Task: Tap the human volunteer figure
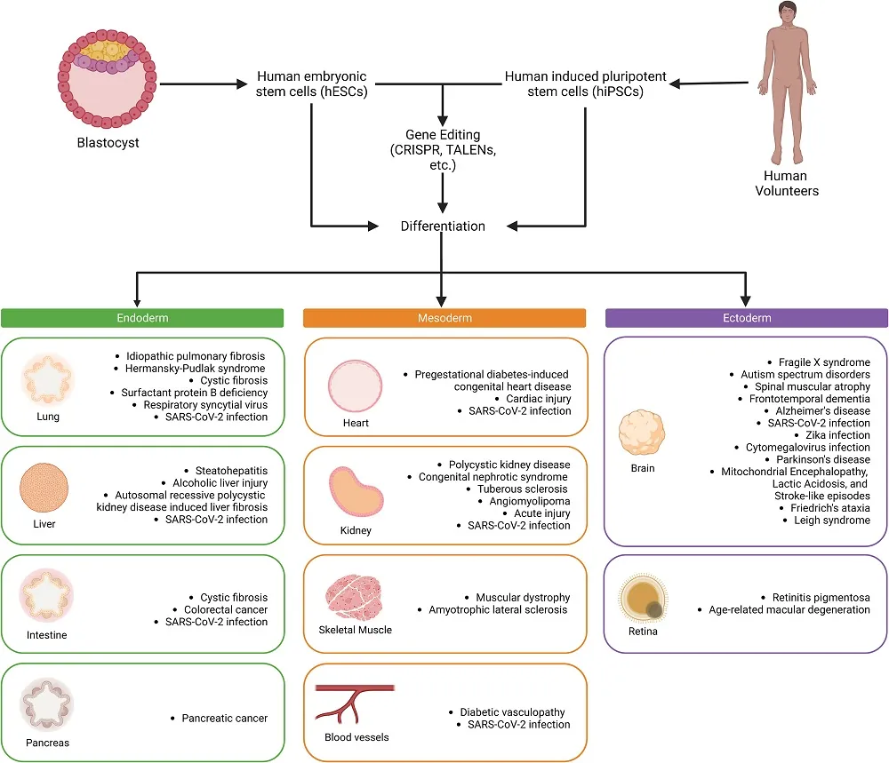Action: [x=786, y=84]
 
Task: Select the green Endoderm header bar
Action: [x=142, y=318]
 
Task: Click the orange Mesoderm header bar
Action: [x=444, y=318]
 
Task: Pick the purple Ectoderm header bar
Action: [x=746, y=318]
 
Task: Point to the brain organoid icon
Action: [x=643, y=435]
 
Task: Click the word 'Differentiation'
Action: [x=444, y=227]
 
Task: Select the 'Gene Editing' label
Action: [x=442, y=134]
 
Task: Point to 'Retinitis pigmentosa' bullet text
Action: [x=815, y=597]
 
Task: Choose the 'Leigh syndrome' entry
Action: [x=832, y=520]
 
